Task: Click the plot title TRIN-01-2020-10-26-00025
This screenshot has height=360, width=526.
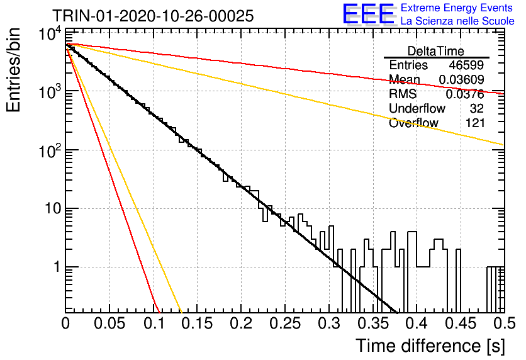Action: point(153,16)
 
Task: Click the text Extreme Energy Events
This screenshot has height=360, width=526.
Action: point(457,8)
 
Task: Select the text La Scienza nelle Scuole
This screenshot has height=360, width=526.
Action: point(457,21)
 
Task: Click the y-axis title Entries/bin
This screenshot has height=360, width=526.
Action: point(13,70)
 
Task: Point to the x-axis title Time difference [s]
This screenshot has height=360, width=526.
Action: point(430,346)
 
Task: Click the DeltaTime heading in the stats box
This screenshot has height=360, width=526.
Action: point(436,51)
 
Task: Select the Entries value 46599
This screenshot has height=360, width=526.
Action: point(466,65)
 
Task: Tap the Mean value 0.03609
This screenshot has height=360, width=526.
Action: point(461,79)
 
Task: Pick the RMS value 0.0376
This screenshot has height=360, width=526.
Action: point(464,94)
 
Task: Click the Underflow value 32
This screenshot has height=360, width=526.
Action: point(477,108)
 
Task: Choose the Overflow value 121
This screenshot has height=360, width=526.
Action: point(475,123)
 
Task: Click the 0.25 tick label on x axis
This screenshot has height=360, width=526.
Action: point(285,323)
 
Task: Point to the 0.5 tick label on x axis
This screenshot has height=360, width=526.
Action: point(505,323)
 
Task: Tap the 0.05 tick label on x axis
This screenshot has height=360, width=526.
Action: point(109,323)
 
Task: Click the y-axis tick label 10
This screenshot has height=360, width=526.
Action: point(53,208)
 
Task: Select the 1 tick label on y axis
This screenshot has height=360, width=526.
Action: point(57,267)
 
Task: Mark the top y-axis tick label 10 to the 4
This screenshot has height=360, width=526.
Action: point(50,34)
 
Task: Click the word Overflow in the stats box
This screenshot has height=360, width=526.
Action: point(413,123)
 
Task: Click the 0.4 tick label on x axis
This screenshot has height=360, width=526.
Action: point(417,323)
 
